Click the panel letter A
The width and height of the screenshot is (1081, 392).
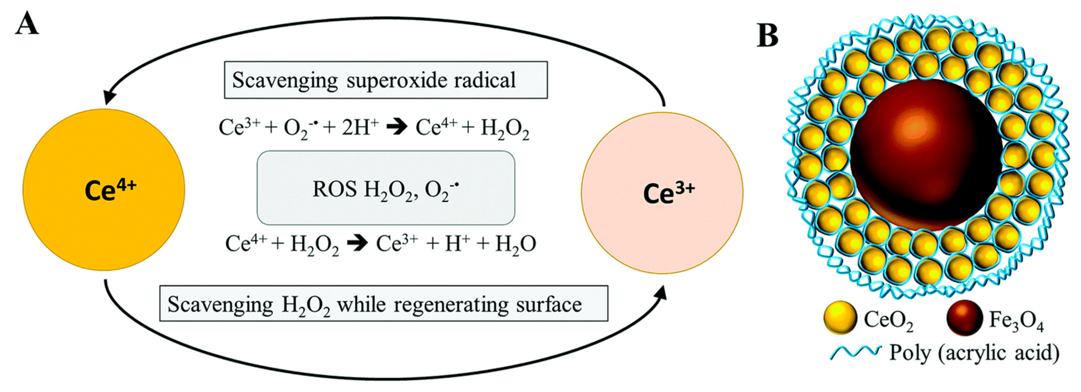27,24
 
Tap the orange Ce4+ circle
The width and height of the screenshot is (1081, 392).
104,189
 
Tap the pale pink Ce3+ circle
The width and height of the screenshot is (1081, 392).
662,193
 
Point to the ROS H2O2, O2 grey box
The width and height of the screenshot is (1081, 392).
386,188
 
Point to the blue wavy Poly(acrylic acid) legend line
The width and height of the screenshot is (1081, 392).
854,352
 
